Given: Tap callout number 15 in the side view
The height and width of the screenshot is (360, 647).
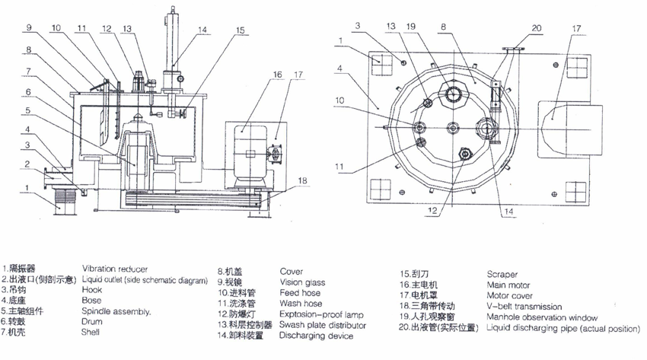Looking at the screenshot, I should pyautogui.click(x=240, y=31).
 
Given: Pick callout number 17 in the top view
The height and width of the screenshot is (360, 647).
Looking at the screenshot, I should pyautogui.click(x=576, y=27).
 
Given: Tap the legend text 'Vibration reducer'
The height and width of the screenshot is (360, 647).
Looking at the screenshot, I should pyautogui.click(x=115, y=270).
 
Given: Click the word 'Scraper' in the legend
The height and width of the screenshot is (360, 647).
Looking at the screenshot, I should pyautogui.click(x=502, y=274).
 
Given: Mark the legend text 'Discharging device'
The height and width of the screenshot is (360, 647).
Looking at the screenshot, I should pyautogui.click(x=316, y=336).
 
